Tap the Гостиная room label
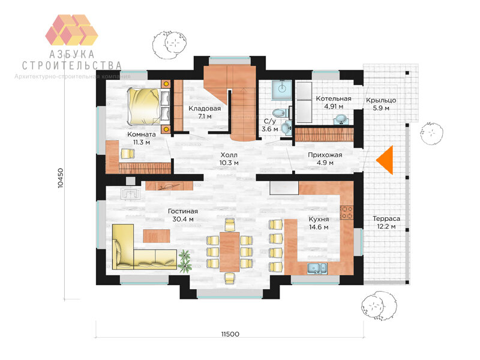(183, 211)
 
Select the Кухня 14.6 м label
(319, 223)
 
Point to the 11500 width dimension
(230, 334)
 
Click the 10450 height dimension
(61, 178)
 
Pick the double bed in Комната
(149, 107)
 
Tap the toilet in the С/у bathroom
(280, 113)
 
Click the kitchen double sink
(317, 268)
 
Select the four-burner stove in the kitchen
(347, 212)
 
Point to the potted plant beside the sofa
(185, 261)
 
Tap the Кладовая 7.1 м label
(205, 112)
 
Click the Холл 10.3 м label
(229, 159)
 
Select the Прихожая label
(325, 155)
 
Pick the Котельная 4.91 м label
(334, 103)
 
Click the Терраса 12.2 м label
(386, 223)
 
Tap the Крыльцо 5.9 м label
(381, 104)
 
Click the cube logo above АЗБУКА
(71, 29)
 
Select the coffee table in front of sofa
(157, 236)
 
